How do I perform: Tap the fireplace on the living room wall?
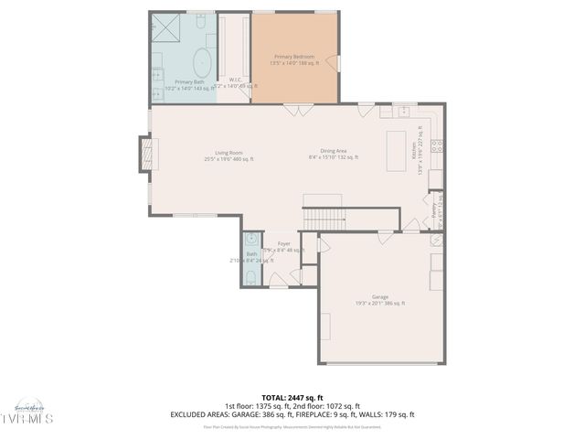144,154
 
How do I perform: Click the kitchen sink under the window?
401,112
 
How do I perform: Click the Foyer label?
284,243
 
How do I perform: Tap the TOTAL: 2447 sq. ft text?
292,398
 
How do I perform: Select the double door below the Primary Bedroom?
294,112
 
